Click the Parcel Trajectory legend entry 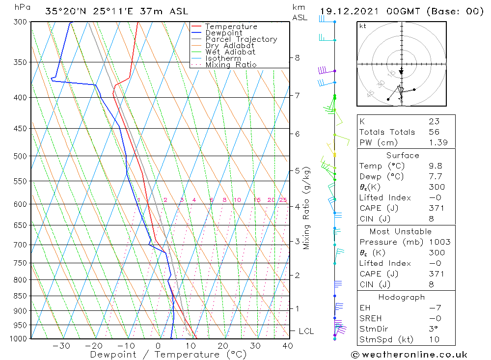pyautogui.click(x=241, y=39)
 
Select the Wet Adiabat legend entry pyautogui.click(x=230, y=52)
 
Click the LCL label pyautogui.click(x=306, y=332)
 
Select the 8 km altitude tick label pyautogui.click(x=297, y=57)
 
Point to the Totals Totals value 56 pyautogui.click(x=434, y=132)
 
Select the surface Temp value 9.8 pyautogui.click(x=434, y=166)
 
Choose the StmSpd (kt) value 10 pyautogui.click(x=434, y=339)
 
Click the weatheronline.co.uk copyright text pyautogui.click(x=409, y=355)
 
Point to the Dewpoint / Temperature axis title pyautogui.click(x=168, y=355)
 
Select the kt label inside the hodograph pyautogui.click(x=362, y=26)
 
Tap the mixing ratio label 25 pyautogui.click(x=283, y=200)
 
